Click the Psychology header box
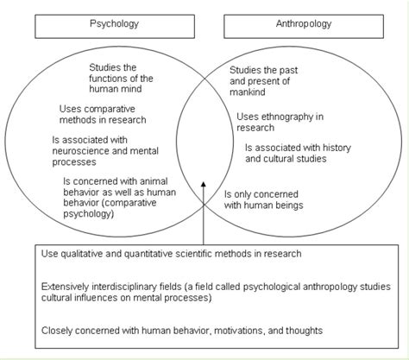(x=114, y=25)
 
